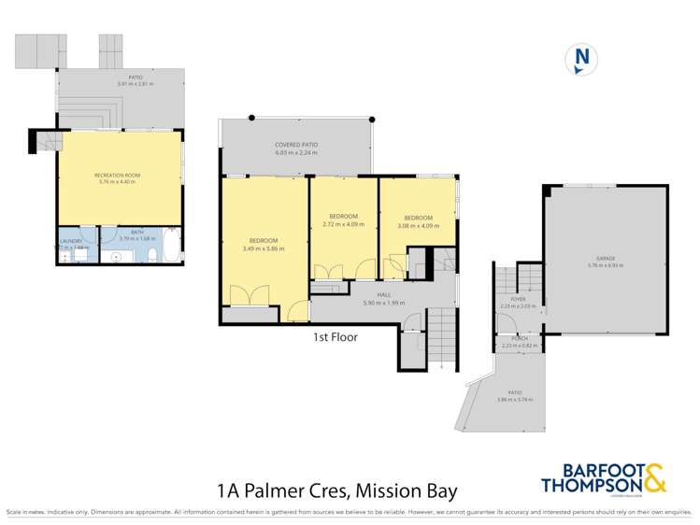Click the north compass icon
tap(582, 60)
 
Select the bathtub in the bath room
tap(173, 245)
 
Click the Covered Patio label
tap(295, 145)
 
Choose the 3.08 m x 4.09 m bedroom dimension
tap(416, 224)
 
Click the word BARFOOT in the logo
tap(587, 470)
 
